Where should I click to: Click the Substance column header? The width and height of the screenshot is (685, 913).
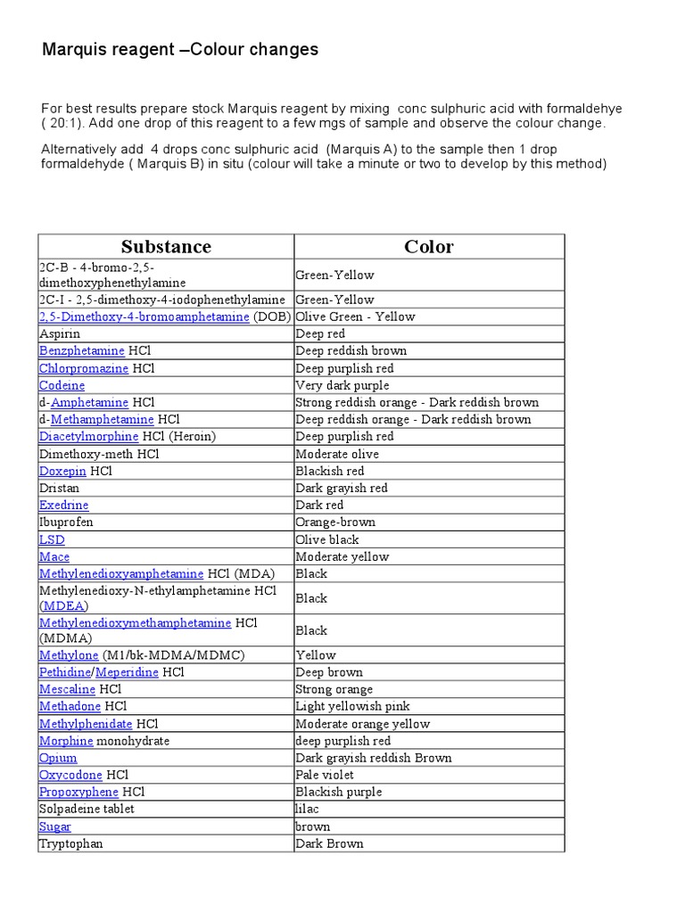click(166, 247)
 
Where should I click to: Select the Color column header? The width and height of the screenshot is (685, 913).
click(429, 247)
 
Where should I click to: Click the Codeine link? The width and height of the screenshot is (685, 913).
click(62, 385)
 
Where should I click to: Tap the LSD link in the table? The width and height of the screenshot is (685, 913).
click(52, 539)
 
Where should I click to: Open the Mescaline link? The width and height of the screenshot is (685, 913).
click(67, 689)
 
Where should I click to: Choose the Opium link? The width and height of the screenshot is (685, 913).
click(58, 758)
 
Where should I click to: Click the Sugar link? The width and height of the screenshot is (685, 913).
click(55, 827)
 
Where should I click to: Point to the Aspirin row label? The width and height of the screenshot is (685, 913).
click(60, 333)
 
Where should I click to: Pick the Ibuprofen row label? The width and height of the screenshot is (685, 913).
click(66, 522)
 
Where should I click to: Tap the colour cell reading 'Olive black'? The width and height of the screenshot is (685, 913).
click(327, 539)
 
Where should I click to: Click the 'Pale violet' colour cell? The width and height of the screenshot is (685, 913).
click(325, 775)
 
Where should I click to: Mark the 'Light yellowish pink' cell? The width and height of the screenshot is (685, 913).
click(353, 706)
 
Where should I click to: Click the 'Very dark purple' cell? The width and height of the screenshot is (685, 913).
click(342, 385)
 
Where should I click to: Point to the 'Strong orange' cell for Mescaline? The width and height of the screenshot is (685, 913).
click(334, 689)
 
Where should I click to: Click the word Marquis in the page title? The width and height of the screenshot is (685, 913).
click(70, 50)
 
